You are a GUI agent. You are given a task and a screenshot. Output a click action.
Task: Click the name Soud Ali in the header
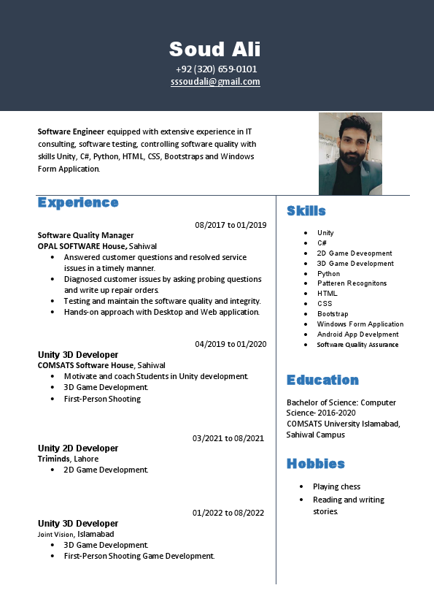pos(215,49)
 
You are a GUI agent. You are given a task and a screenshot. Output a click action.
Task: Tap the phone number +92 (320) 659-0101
pos(216,69)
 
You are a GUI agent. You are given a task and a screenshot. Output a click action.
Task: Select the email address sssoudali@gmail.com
pos(215,82)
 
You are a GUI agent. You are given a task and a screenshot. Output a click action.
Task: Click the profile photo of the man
pos(350,153)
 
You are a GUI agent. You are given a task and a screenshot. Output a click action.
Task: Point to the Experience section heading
pos(78,202)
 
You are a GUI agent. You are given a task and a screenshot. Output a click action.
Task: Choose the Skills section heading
pos(306,211)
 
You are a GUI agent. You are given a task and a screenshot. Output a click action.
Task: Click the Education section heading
pos(322,380)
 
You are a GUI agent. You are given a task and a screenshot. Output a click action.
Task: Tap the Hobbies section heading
pos(315,464)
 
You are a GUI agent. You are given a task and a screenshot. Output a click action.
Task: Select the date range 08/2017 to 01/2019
pos(230,225)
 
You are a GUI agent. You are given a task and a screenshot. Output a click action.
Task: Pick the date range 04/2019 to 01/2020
pos(230,344)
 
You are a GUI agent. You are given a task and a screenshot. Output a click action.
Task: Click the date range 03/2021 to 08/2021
pos(228,438)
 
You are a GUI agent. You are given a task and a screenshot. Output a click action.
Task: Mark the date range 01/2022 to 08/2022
pos(228,513)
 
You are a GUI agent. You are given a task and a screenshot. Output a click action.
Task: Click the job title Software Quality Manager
pos(85,235)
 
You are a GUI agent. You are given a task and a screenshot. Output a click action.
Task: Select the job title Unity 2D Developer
pos(78,448)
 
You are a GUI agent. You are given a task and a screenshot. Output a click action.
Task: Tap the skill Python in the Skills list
pos(328,274)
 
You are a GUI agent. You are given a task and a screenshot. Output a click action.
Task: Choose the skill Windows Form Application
pos(360,324)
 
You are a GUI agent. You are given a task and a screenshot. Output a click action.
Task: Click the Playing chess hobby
pos(336,486)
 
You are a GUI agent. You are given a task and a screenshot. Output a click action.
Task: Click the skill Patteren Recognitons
pos(352,283)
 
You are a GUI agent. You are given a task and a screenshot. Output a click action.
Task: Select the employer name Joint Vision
pos(55,535)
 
